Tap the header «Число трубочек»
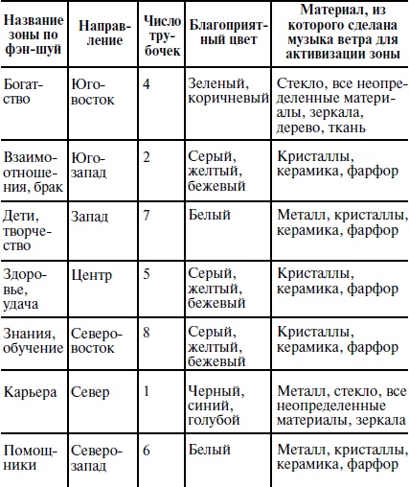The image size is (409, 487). tap(160, 35)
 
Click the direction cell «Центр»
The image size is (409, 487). tap(92, 275)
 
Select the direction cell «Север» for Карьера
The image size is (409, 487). tap(90, 391)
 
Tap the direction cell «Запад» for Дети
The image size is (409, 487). tap(91, 216)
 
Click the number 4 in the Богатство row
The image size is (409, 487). tap(147, 84)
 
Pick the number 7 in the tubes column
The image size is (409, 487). tap(147, 216)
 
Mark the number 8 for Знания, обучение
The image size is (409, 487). tap(147, 333)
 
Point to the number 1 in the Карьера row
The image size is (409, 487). tap(147, 391)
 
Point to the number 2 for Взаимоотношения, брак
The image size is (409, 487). tap(147, 156)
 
